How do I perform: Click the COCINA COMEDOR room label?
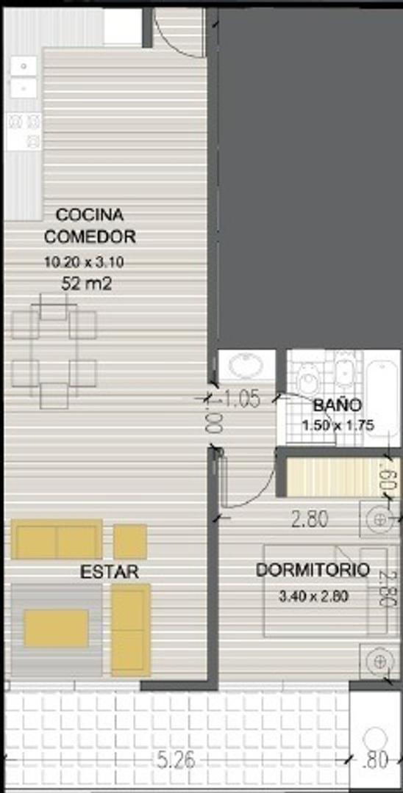[90, 225]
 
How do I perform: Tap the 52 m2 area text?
[87, 283]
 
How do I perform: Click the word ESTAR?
[110, 572]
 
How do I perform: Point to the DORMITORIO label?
[312, 570]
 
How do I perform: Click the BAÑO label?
[337, 405]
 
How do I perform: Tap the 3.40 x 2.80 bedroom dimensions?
[313, 596]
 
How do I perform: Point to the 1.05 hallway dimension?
[240, 399]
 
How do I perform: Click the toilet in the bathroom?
[308, 377]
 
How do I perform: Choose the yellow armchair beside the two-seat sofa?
[130, 541]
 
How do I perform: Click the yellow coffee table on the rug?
[56, 629]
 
